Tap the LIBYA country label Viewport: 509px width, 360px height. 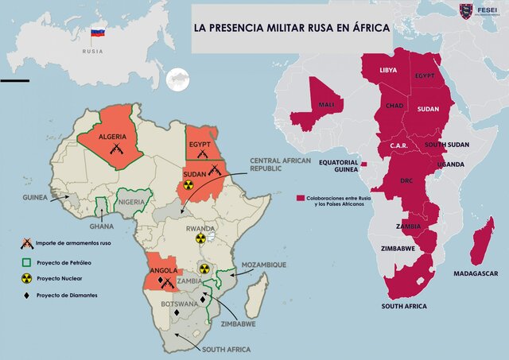[388, 70]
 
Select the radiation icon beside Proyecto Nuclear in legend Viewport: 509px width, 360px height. [26, 279]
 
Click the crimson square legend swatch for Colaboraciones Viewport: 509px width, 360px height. [301, 196]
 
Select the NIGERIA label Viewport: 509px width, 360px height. [131, 203]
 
